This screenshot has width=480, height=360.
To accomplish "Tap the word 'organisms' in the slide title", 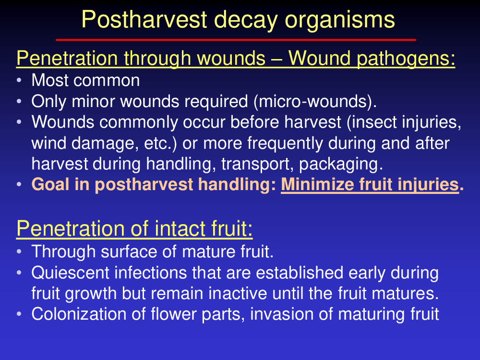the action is [x=340, y=20].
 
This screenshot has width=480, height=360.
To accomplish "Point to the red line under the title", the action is [x=236, y=40].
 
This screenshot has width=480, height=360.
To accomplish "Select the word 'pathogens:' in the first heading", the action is [x=406, y=58].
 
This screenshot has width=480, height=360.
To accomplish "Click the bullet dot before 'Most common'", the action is [x=19, y=80].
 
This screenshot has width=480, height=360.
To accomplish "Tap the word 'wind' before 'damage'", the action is [x=48, y=143].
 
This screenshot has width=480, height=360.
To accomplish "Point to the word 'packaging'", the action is [x=339, y=164].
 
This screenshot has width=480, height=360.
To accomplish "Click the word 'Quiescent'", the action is [x=71, y=273].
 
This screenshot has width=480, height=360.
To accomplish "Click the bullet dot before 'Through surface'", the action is [x=19, y=252].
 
